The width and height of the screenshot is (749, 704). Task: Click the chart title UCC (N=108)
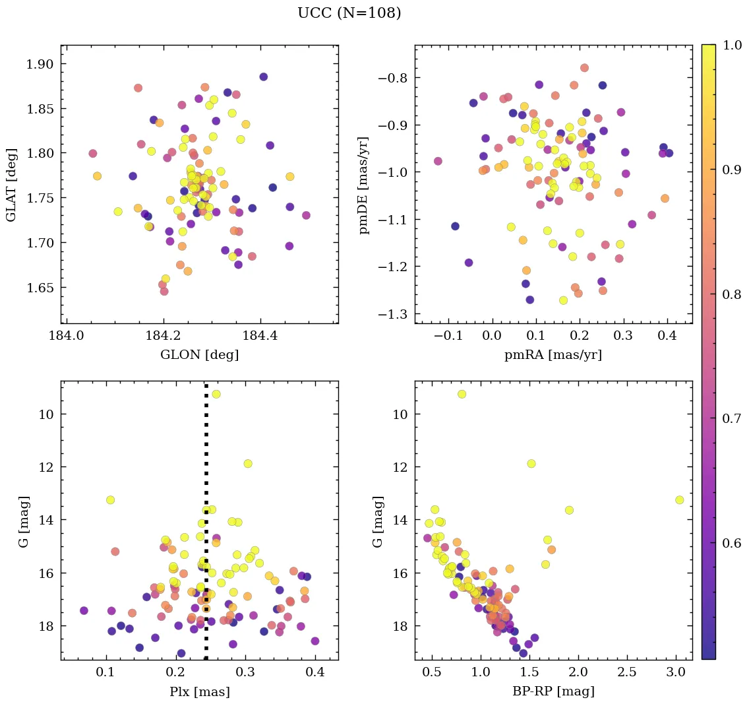[x=349, y=13]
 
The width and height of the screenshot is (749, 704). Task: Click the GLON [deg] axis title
[x=199, y=355]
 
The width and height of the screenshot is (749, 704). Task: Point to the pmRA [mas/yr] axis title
[x=553, y=355]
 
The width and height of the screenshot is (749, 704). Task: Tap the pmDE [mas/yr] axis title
[x=364, y=185]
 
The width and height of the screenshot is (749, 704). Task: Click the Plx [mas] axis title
[x=199, y=691]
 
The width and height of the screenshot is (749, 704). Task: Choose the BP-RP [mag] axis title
[x=553, y=691]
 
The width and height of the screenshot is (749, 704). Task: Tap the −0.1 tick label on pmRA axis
[x=450, y=336]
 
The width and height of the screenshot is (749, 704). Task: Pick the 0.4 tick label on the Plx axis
[x=315, y=673]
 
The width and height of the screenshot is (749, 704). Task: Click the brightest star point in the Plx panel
[x=216, y=394]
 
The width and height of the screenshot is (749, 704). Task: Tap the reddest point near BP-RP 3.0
[x=679, y=500]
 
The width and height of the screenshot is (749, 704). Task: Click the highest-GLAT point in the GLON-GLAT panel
[x=264, y=77]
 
